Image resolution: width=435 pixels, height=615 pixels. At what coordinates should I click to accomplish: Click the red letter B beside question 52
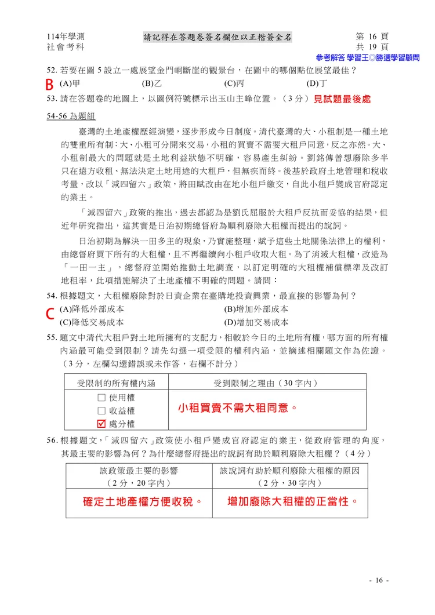(50, 83)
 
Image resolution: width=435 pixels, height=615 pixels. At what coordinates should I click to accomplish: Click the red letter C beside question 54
(50, 314)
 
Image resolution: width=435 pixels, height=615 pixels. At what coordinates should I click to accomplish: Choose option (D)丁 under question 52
(316, 83)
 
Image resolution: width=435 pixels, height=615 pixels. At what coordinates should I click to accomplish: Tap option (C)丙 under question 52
(233, 83)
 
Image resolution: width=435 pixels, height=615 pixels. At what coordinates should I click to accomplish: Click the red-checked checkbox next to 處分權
(101, 424)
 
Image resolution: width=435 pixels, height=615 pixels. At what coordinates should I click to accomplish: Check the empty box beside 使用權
(101, 398)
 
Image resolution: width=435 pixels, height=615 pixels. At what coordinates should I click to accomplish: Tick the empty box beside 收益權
(101, 411)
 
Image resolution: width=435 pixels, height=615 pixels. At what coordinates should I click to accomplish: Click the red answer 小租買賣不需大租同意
(237, 408)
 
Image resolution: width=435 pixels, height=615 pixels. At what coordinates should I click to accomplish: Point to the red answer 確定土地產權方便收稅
(140, 501)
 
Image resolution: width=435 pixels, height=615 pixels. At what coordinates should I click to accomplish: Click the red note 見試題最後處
(342, 99)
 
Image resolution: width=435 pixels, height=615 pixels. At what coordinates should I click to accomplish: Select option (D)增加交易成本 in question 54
(256, 322)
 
